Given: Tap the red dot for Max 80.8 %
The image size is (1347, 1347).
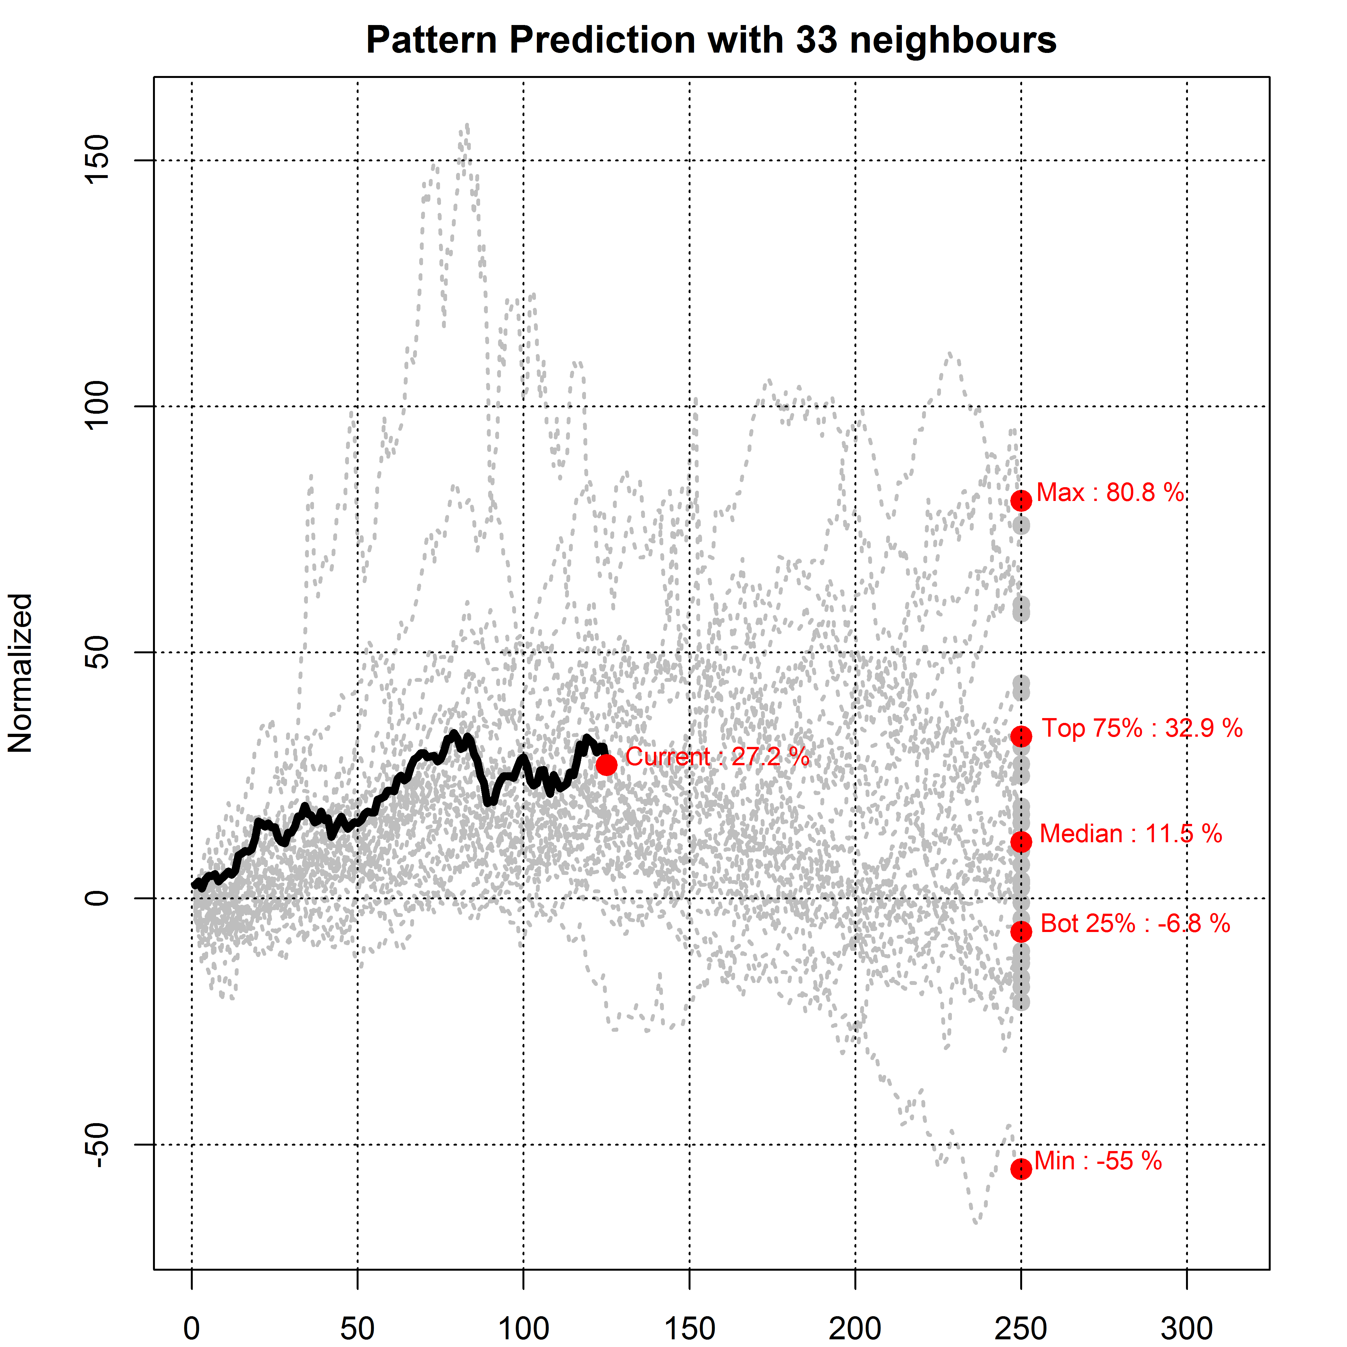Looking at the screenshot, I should [1021, 501].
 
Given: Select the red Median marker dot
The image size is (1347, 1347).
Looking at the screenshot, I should [1021, 842].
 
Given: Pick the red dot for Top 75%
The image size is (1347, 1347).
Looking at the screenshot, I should [1021, 736].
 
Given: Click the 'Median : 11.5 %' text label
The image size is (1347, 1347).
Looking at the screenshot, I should [1130, 834].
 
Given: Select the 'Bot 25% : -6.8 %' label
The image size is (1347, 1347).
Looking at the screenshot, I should [1135, 924].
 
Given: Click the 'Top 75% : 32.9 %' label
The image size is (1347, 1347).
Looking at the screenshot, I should [1142, 729].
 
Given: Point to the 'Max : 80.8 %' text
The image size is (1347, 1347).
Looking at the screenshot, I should [1110, 493].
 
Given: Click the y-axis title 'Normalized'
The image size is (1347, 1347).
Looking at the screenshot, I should [21, 673].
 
